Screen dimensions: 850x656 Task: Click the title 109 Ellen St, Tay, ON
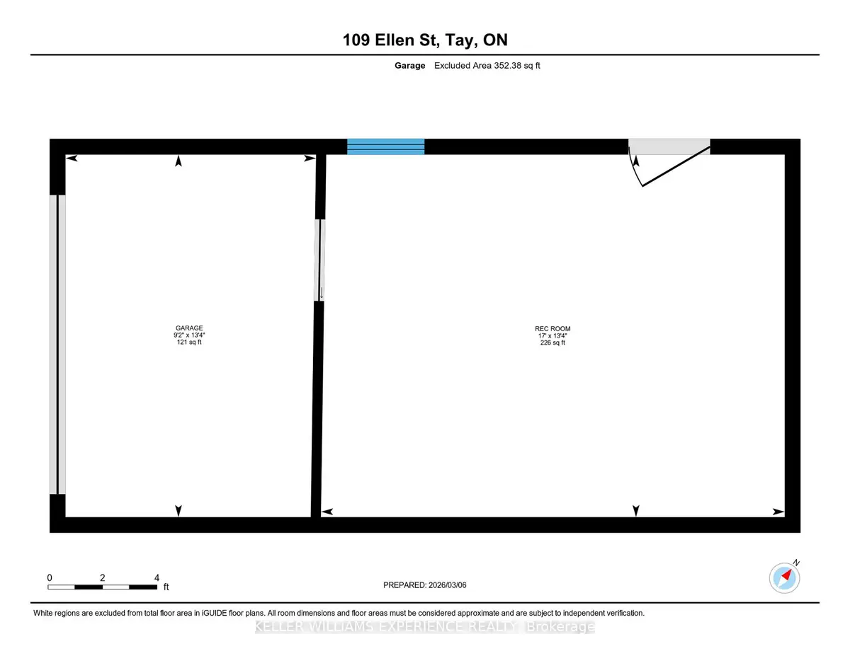click(425, 40)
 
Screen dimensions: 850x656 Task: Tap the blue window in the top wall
click(386, 146)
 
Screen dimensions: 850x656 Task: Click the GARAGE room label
click(189, 328)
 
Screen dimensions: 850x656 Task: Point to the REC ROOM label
click(552, 328)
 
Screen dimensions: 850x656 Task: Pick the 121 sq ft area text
click(189, 342)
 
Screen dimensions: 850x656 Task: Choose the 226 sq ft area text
click(552, 343)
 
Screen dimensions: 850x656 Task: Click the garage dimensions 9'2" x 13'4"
click(189, 335)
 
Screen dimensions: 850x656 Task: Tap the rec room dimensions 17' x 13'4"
click(552, 335)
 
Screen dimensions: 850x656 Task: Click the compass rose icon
click(784, 578)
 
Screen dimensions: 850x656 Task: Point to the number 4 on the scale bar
click(157, 577)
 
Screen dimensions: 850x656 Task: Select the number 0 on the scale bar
click(50, 577)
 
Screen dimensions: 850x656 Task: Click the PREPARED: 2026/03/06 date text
click(425, 585)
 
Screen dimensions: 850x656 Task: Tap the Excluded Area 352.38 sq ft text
click(487, 66)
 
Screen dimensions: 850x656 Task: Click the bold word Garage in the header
click(409, 66)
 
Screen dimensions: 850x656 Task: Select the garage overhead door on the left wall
click(57, 344)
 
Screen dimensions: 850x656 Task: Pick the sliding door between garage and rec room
click(319, 260)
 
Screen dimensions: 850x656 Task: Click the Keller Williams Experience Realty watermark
click(425, 627)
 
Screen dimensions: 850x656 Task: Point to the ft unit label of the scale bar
click(166, 587)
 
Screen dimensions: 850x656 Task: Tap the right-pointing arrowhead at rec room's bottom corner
click(778, 512)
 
